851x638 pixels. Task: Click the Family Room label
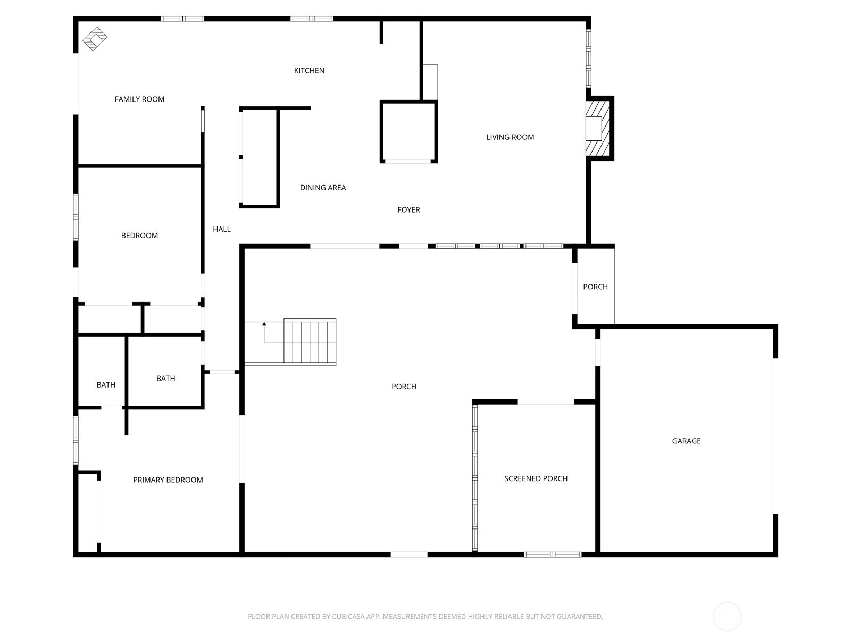click(139, 99)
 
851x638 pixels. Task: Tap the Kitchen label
click(309, 71)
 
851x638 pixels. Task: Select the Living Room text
click(510, 137)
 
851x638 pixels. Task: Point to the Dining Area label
click(322, 188)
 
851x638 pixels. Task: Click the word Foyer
click(408, 210)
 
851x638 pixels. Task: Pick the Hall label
click(221, 229)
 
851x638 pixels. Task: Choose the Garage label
click(686, 441)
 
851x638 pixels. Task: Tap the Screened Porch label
click(536, 479)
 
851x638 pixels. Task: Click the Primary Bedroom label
click(168, 480)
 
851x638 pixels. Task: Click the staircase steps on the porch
click(310, 341)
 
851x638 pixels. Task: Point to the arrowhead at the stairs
click(264, 324)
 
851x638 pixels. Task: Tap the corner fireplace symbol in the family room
click(95, 38)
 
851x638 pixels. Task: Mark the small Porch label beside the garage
click(595, 287)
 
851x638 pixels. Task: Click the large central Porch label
click(404, 387)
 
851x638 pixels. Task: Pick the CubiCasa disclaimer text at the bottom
click(425, 616)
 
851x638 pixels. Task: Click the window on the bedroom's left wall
click(76, 217)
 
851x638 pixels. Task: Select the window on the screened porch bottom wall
click(553, 555)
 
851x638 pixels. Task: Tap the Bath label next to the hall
click(165, 379)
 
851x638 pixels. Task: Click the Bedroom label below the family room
click(139, 236)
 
